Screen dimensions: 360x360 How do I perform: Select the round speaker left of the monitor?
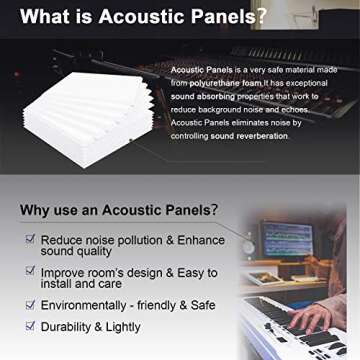[247, 243]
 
